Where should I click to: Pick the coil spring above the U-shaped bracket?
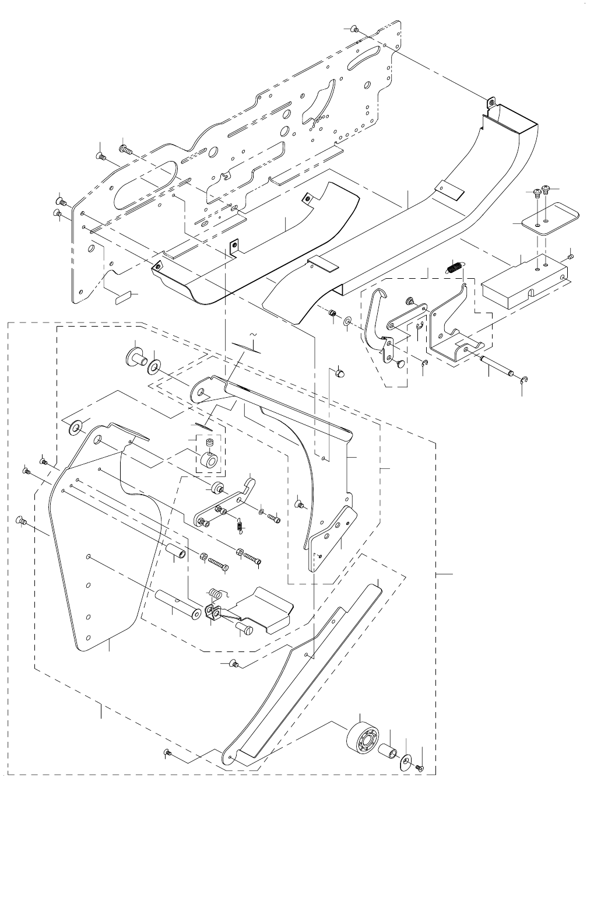(x=455, y=268)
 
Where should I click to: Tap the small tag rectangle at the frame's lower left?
(x=122, y=297)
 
